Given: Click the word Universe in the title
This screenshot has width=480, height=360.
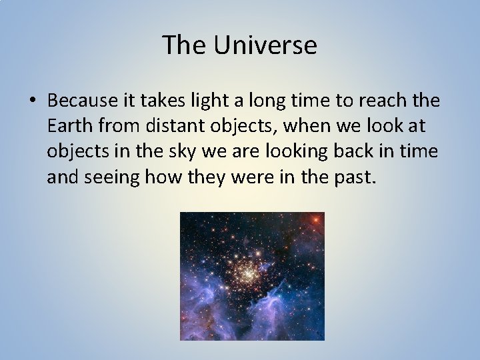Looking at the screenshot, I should [265, 46].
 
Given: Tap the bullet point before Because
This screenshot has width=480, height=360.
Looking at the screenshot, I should [33, 101].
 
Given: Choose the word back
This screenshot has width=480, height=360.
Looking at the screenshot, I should [361, 151].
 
